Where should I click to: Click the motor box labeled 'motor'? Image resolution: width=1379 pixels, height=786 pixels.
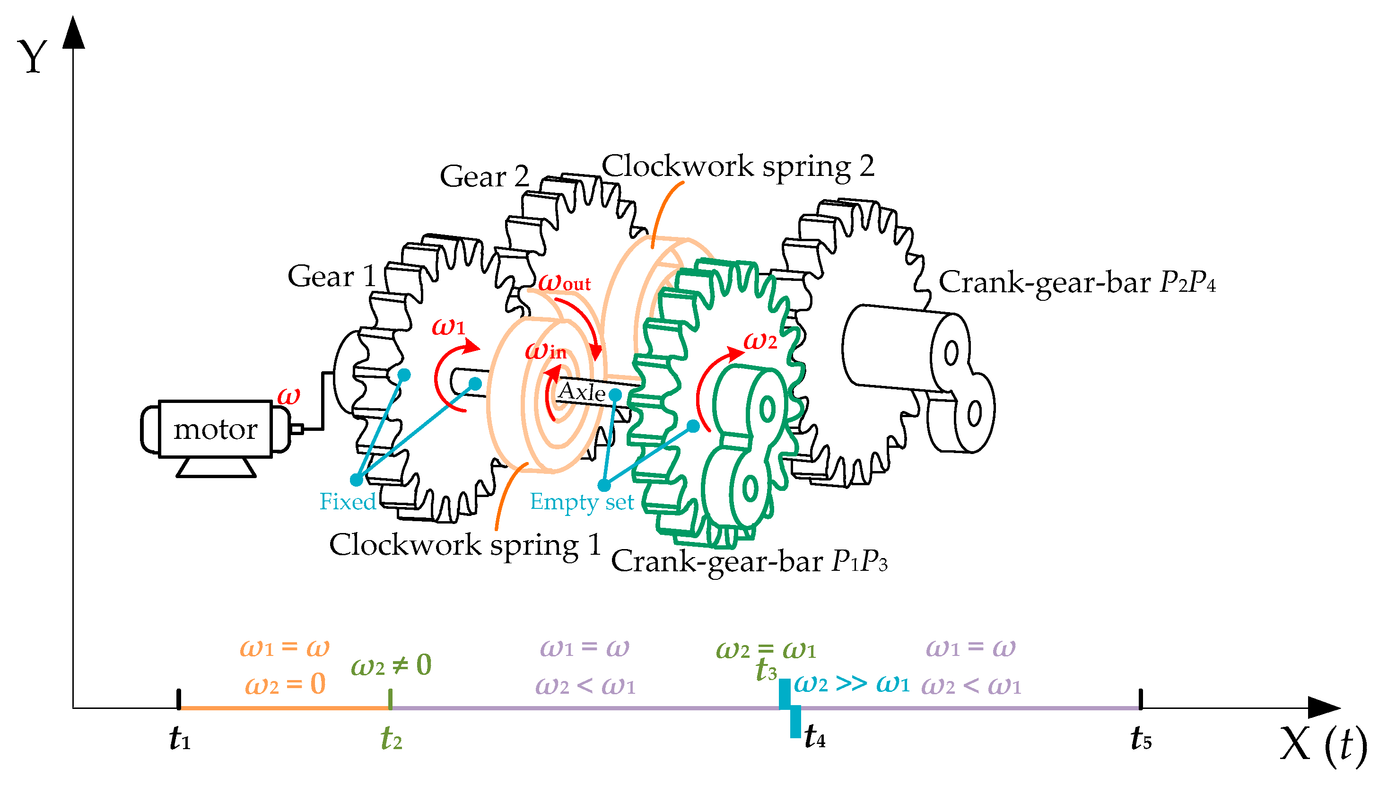click(215, 429)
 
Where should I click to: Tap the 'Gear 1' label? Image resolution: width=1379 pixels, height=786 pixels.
click(332, 276)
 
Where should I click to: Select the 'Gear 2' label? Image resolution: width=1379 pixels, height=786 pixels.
click(484, 176)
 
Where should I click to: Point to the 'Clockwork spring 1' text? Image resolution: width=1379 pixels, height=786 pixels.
click(465, 544)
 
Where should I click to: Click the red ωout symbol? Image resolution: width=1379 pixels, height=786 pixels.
click(564, 282)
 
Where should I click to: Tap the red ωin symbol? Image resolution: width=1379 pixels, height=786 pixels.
click(545, 351)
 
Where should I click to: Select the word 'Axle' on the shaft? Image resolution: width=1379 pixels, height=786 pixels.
click(581, 392)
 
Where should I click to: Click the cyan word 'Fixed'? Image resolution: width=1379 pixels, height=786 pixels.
click(347, 501)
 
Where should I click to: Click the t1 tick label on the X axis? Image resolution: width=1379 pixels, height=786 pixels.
click(179, 738)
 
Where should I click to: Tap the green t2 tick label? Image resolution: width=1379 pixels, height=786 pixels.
click(391, 738)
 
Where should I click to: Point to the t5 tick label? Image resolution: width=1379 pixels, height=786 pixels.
click(1141, 738)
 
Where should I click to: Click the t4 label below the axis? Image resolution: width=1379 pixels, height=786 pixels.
click(814, 736)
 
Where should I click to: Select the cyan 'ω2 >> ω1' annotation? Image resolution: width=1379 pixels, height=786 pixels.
click(851, 684)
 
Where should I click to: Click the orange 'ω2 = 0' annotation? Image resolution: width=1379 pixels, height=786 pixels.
click(285, 684)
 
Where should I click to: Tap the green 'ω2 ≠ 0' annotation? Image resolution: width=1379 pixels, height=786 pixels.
click(391, 665)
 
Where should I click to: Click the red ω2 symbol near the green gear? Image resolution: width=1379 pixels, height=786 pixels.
click(760, 341)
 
